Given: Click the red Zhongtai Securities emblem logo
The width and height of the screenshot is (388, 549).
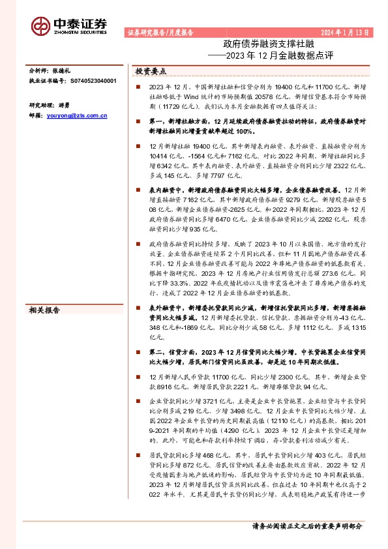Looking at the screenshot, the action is tap(40, 25).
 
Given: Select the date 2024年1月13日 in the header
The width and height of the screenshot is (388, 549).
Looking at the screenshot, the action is tap(349, 31).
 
